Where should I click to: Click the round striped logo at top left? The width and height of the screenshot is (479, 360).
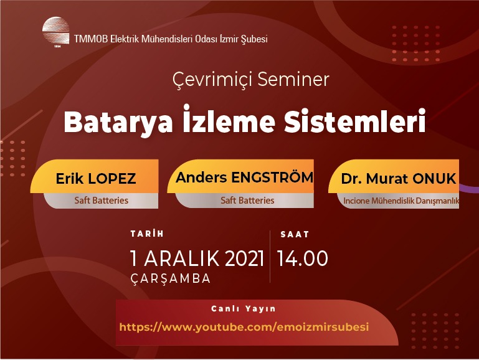(x=56, y=31)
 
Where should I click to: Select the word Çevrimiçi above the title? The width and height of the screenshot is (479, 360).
(x=212, y=80)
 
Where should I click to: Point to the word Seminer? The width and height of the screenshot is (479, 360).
(x=293, y=79)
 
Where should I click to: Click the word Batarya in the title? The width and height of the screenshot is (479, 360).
(x=118, y=123)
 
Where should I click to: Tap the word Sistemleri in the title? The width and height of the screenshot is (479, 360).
(x=355, y=121)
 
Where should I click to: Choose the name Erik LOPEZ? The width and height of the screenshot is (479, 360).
(x=96, y=179)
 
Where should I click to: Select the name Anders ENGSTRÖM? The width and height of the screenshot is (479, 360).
(x=245, y=178)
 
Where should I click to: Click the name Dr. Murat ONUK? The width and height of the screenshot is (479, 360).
(x=399, y=179)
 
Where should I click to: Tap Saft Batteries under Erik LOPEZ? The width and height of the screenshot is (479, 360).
(x=101, y=201)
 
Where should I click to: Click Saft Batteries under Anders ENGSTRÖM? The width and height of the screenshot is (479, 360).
(x=247, y=201)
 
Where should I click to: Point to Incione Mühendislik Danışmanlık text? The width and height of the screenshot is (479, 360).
(x=401, y=201)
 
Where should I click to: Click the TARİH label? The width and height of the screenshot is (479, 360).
(x=147, y=234)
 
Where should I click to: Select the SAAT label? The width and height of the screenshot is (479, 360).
(x=295, y=235)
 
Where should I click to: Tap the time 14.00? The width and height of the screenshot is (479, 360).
(x=303, y=258)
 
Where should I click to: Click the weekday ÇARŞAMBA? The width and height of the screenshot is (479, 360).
(x=171, y=279)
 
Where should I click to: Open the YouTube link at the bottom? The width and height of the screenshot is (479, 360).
(x=244, y=327)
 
